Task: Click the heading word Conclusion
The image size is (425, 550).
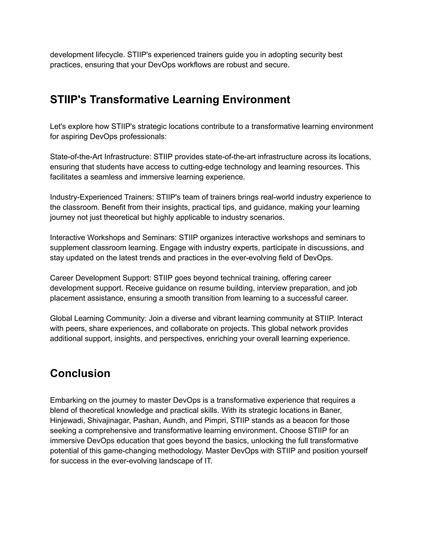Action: (x=80, y=373)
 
